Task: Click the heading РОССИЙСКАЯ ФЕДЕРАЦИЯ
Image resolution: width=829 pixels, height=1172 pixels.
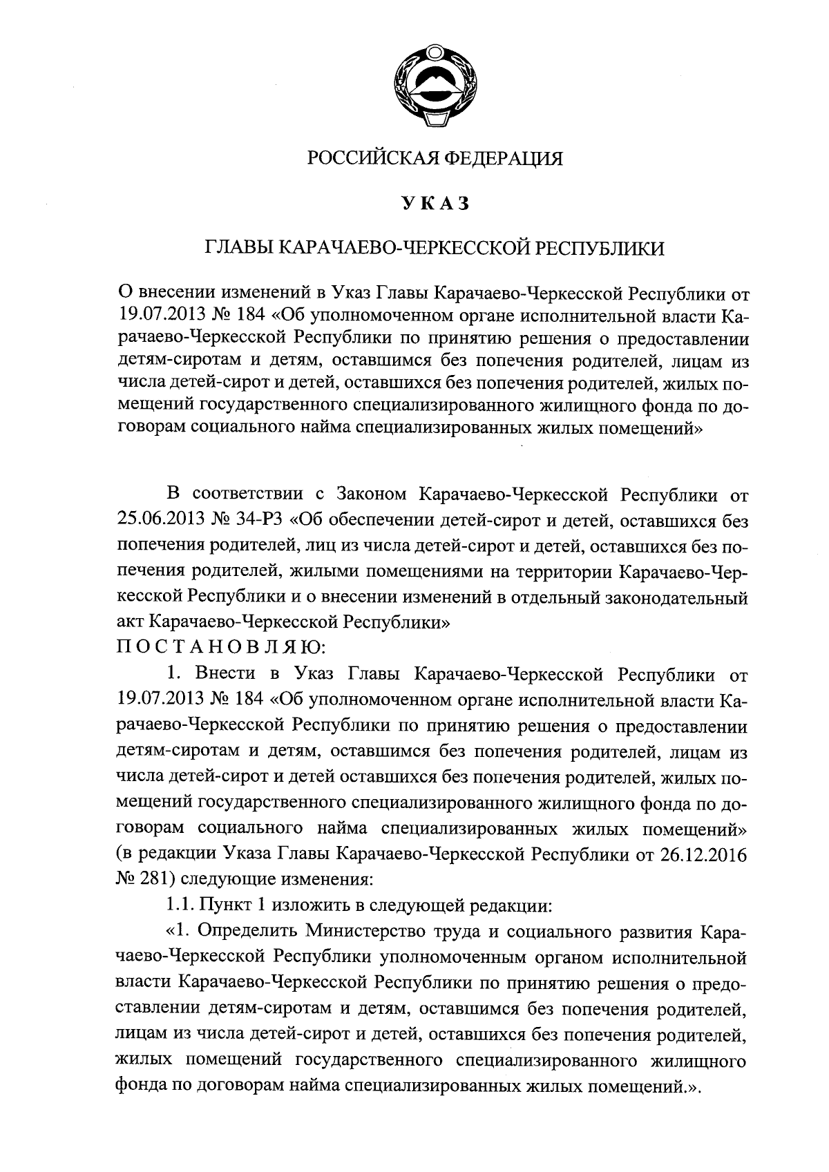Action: [435, 159]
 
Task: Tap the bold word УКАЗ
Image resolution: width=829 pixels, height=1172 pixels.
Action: [435, 204]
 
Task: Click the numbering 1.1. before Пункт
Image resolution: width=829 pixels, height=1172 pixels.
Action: [182, 904]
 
